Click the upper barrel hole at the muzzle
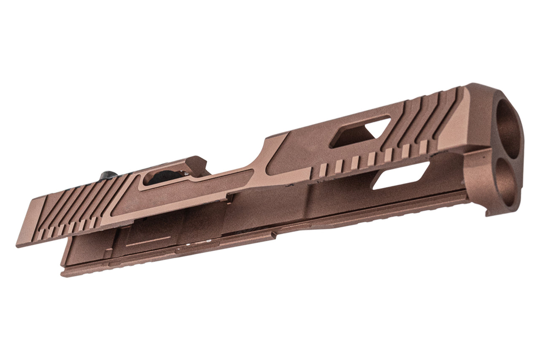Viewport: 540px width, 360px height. [508, 127]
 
